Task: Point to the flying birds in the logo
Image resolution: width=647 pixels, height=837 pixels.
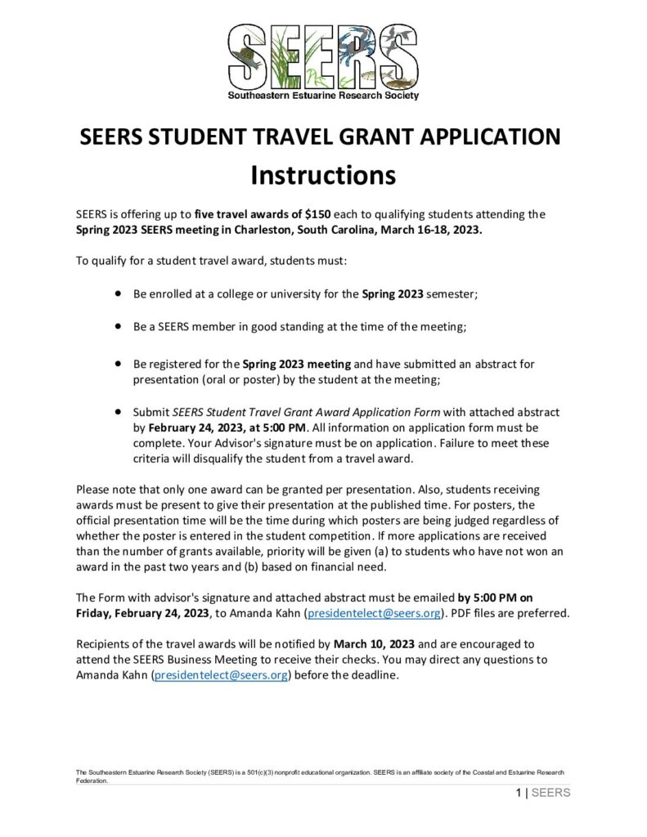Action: [x=398, y=37]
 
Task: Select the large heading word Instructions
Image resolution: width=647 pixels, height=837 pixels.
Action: [x=323, y=175]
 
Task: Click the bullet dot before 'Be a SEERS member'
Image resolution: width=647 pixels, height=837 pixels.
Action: [x=119, y=325]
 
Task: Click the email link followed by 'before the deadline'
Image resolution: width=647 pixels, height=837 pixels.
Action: [x=222, y=674]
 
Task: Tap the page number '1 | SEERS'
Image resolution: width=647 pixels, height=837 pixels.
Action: [x=543, y=793]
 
